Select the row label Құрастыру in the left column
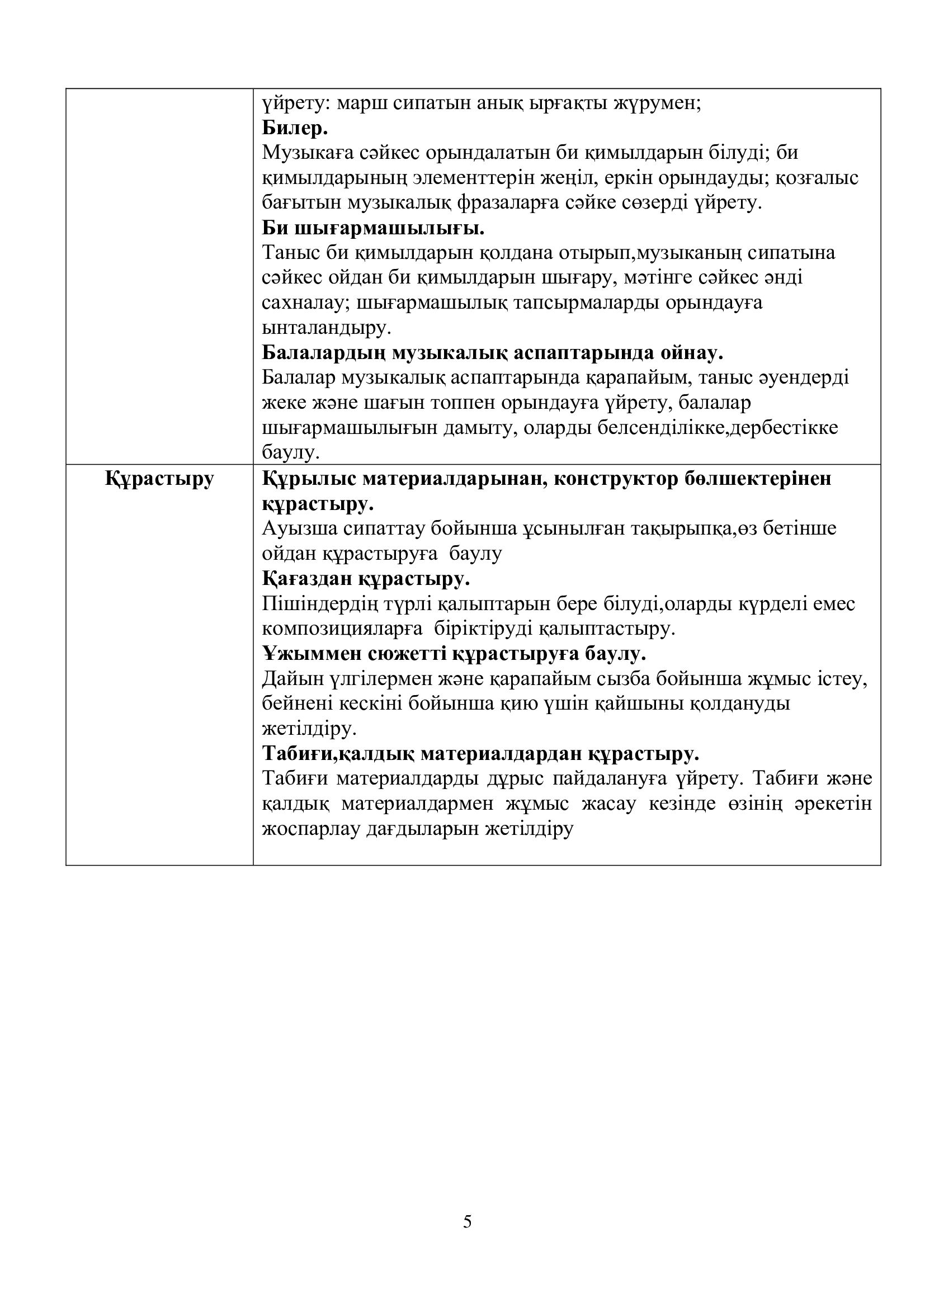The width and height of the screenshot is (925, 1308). (159, 479)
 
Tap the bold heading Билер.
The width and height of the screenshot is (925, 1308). (295, 128)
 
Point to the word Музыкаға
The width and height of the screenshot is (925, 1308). (308, 153)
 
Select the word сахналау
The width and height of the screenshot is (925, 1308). (305, 303)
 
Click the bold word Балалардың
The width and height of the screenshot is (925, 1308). (323, 353)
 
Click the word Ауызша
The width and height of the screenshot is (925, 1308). (299, 528)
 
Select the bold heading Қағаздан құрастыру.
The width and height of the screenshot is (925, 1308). (366, 579)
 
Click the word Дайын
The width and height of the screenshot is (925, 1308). (292, 679)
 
